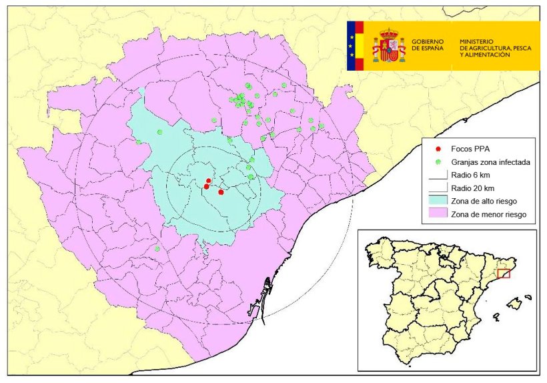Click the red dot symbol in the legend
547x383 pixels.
tap(438, 149)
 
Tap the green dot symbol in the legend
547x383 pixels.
tap(438, 162)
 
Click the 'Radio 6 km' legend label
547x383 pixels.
tap(470, 175)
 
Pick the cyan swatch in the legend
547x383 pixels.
tap(438, 201)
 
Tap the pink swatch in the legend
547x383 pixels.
tap(438, 214)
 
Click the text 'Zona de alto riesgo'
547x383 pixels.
tap(484, 201)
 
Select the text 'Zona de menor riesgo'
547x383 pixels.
tap(488, 214)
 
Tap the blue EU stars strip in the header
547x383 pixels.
tap(351, 46)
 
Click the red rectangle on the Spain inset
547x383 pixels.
tap(504, 273)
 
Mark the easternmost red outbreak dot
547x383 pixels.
tap(221, 192)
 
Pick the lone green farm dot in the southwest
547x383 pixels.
tap(157, 249)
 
